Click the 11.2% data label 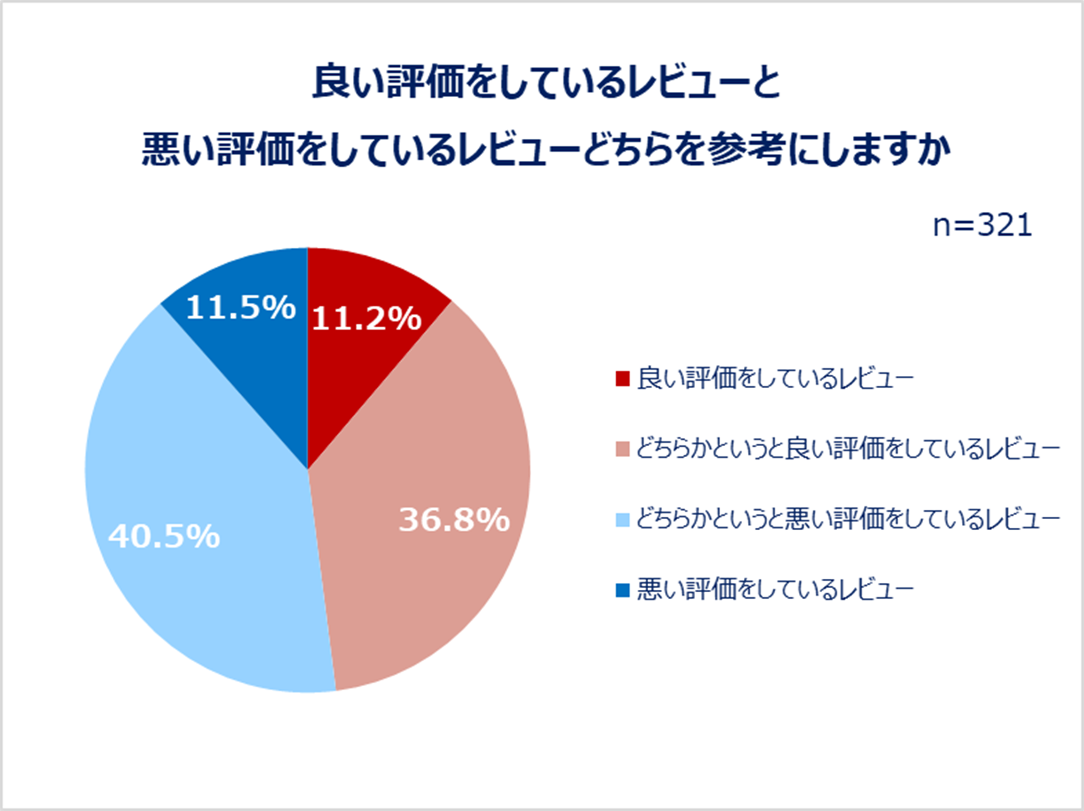tap(366, 318)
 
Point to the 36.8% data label tap(454, 520)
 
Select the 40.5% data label tap(164, 536)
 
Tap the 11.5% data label tap(241, 307)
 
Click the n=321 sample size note tap(982, 225)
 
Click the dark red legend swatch tap(623, 378)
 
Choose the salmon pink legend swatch tap(623, 449)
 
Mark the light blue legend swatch tap(623, 519)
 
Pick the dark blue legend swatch tap(623, 590)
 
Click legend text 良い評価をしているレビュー tap(776, 378)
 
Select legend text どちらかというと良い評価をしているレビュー tap(848, 449)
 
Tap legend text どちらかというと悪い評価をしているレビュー tap(848, 519)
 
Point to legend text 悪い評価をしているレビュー tap(776, 590)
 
